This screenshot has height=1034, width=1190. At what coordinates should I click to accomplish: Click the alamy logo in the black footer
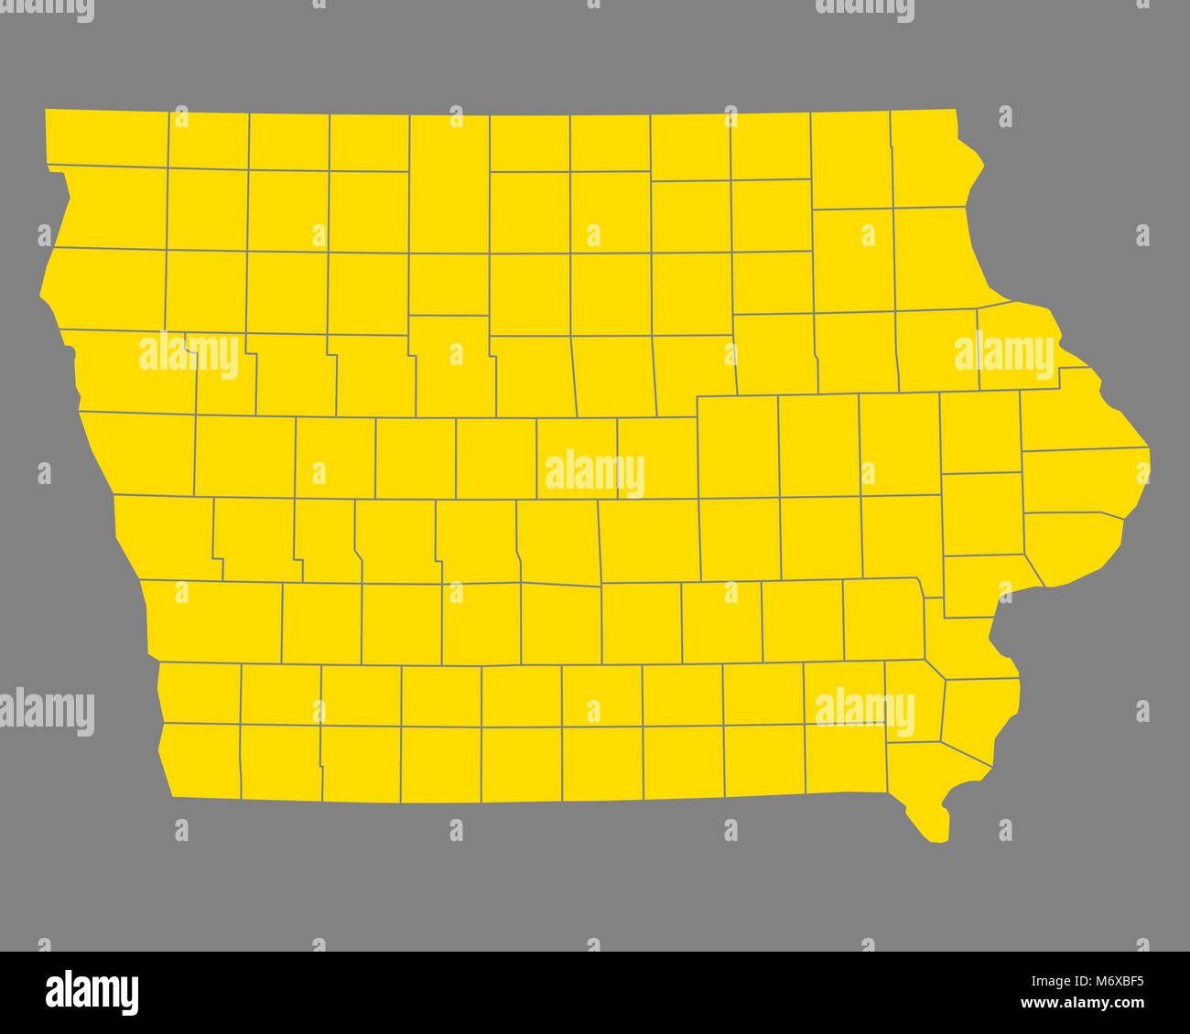[92, 993]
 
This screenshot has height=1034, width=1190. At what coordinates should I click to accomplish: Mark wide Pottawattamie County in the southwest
[215, 622]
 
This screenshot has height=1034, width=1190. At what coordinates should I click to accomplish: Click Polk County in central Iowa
[558, 540]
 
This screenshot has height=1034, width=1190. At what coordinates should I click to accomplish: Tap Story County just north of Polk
[577, 458]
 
